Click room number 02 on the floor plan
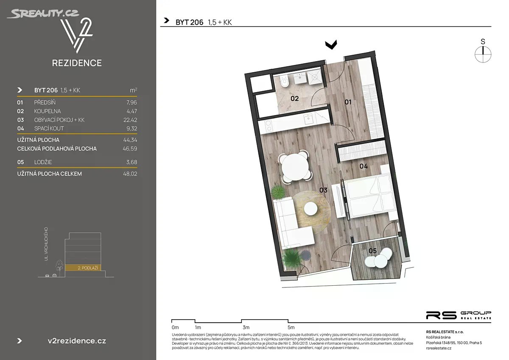click(294, 98)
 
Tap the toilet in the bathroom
click(285, 82)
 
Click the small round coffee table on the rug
click(310, 208)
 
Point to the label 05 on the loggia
click(373, 251)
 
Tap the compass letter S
click(483, 42)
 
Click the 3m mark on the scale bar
click(246, 327)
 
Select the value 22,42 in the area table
click(130, 120)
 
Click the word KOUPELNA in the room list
click(48, 111)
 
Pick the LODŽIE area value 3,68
click(132, 162)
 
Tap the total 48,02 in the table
click(130, 174)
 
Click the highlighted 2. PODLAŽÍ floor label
click(88, 268)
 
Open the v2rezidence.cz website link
click(77, 341)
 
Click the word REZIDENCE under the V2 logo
click(77, 63)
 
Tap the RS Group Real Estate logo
click(459, 315)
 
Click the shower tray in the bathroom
click(314, 77)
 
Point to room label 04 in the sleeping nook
click(364, 166)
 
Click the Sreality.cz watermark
click(43, 14)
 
